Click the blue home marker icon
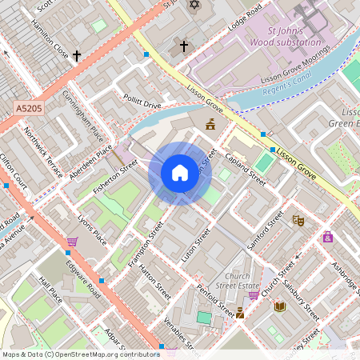click(179, 172)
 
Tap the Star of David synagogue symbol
click(193, 6)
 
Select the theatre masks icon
click(298, 220)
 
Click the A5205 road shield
click(28, 106)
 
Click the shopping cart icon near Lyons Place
click(72, 241)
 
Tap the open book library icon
click(280, 306)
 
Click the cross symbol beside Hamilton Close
click(77, 56)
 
